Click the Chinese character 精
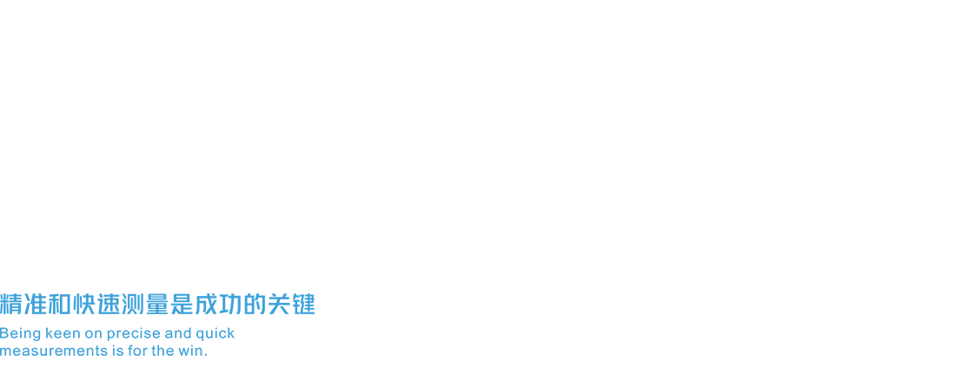click(11, 304)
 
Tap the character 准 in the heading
click(36, 304)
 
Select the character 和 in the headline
click(60, 304)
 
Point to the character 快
click(84, 304)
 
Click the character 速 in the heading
click(109, 304)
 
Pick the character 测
click(133, 304)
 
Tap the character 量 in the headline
click(157, 304)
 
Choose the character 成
click(206, 304)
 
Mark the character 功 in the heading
click(230, 304)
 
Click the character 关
click(279, 304)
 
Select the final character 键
click(303, 304)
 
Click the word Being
click(21, 334)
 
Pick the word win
click(190, 351)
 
